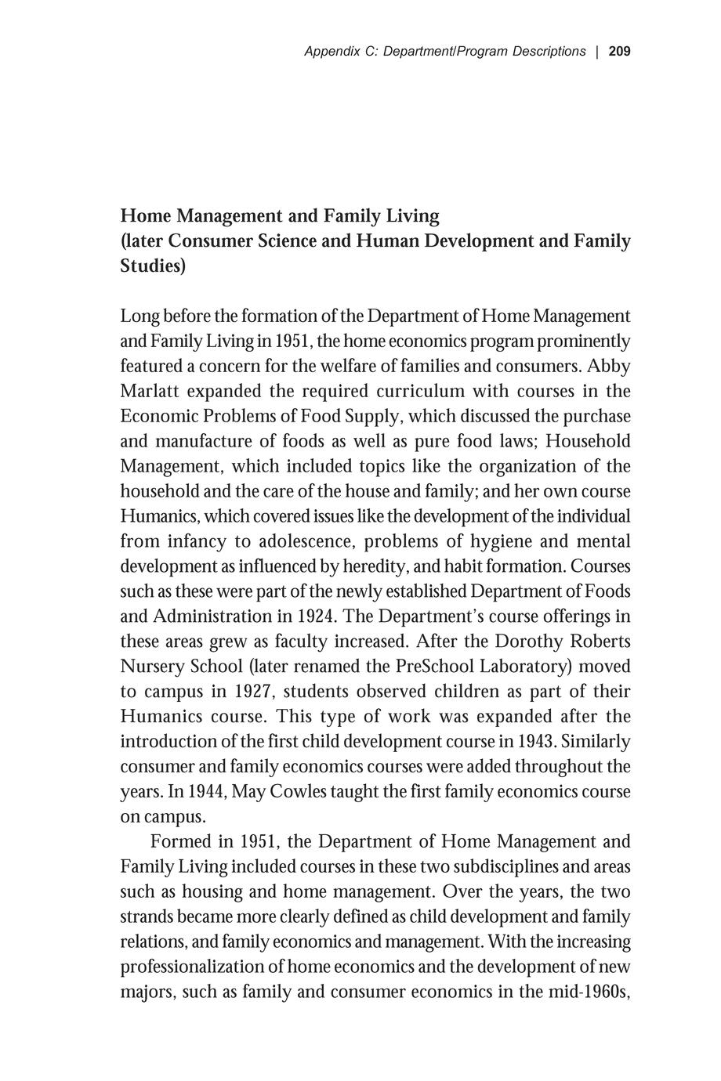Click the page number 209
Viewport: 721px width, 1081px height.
point(619,52)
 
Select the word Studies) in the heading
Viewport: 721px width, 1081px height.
point(154,266)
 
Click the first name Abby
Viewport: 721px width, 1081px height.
point(609,366)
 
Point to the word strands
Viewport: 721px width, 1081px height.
point(144,916)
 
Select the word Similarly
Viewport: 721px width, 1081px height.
point(596,741)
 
